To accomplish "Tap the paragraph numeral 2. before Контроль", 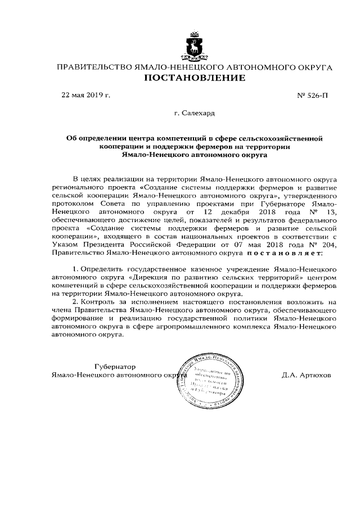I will tap(76, 303).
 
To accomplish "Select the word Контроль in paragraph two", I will tap(99, 303).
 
